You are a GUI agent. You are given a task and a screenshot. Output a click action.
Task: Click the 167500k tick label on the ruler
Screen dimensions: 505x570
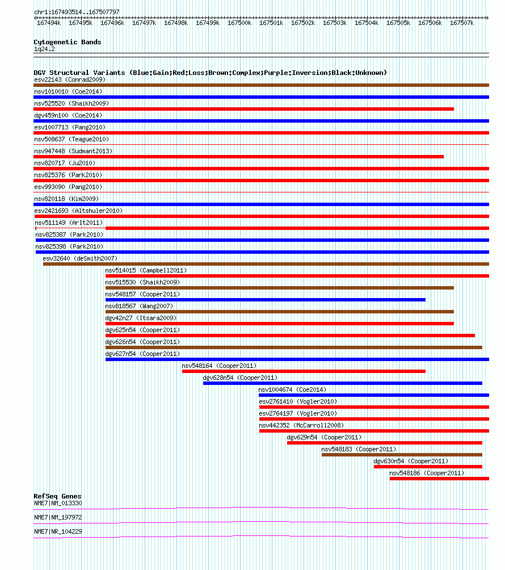click(239, 23)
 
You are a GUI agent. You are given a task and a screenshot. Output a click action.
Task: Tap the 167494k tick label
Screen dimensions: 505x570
click(49, 23)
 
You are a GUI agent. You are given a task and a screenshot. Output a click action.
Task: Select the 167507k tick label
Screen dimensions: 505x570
click(462, 23)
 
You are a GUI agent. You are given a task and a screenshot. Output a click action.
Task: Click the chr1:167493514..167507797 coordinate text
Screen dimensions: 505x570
click(77, 12)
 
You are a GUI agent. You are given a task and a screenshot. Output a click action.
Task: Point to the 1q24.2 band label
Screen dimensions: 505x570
click(44, 49)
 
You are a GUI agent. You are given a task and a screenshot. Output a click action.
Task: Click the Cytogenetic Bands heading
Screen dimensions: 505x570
click(67, 42)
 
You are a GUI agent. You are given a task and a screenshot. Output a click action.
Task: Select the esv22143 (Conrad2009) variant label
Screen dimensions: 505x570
click(70, 79)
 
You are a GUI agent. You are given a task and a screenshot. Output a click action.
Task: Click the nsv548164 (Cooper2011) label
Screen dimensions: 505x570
click(219, 366)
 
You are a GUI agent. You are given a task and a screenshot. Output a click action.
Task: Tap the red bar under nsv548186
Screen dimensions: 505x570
click(439, 479)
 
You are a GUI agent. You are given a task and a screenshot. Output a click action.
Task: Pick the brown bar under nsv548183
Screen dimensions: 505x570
click(402, 455)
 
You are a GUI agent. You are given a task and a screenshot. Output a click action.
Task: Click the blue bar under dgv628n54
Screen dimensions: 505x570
click(343, 383)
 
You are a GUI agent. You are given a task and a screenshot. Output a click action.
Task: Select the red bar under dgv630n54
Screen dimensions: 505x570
click(428, 467)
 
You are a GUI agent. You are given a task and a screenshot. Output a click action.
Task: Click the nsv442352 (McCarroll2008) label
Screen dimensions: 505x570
click(301, 425)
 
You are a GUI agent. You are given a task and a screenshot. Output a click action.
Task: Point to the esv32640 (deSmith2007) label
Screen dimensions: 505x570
click(80, 258)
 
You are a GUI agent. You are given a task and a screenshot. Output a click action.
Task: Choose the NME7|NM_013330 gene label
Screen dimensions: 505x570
click(58, 503)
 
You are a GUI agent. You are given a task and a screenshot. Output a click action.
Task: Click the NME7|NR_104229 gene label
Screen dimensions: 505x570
click(58, 531)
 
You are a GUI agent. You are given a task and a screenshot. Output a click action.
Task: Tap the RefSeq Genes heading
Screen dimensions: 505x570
click(57, 496)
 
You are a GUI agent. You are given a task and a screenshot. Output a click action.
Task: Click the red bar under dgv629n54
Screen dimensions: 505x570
click(384, 443)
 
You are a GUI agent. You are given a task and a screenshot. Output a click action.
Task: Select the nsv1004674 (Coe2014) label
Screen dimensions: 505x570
click(292, 389)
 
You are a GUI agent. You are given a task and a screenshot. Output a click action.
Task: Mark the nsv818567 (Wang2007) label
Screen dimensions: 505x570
click(139, 306)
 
